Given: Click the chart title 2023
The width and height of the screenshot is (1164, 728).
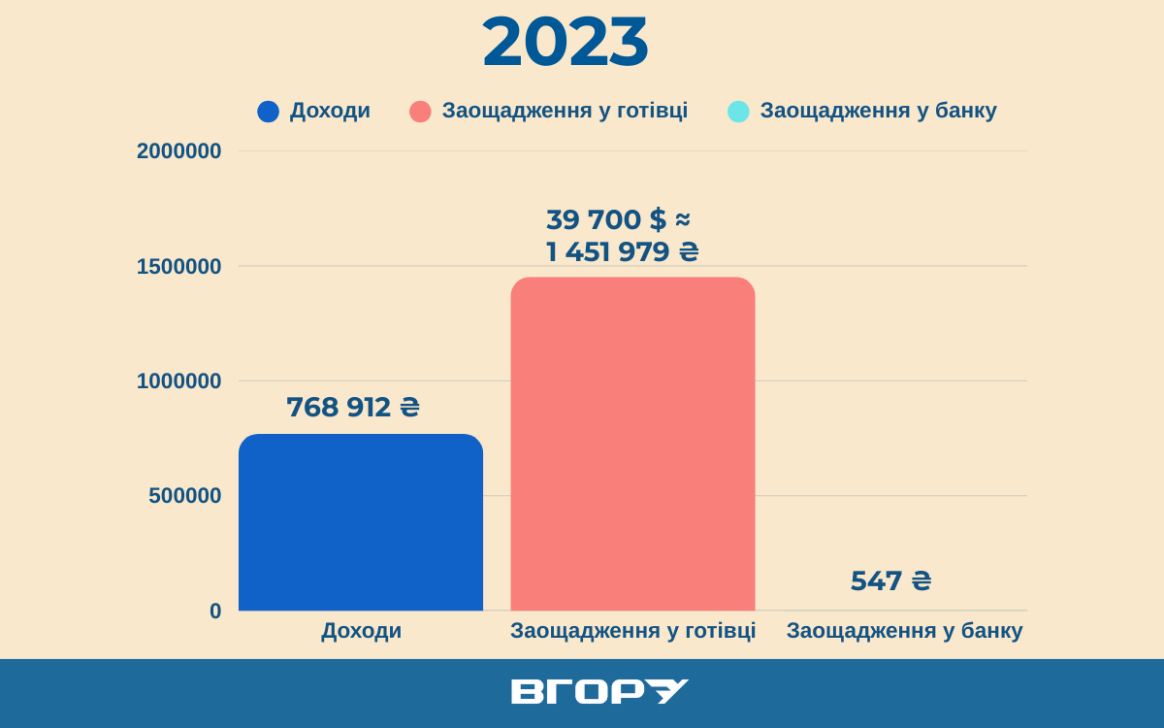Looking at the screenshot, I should pos(566,44).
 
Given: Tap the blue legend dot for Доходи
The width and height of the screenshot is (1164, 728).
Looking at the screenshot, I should pos(268,112).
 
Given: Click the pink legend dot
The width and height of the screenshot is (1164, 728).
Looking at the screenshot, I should pos(420,112).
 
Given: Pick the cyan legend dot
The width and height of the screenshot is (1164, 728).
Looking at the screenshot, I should pos(738,112).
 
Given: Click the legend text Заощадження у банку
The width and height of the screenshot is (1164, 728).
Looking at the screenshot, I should pos(878,111).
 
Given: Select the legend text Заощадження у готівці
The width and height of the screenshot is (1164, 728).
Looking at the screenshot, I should pos(565,111).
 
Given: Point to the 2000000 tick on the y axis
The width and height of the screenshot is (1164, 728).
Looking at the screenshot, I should pos(179,151).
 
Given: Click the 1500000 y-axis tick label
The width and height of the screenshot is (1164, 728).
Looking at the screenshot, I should pos(179,266).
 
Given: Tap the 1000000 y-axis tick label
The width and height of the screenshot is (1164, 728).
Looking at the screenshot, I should pos(179,381).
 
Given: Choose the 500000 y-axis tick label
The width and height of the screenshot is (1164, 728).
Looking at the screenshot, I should pos(185,496).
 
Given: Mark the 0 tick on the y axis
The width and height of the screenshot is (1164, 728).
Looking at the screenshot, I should pos(215,612).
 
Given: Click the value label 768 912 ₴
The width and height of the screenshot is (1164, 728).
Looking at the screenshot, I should pos(353,407).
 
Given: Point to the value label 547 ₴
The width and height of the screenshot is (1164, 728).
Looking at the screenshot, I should pos(890,580).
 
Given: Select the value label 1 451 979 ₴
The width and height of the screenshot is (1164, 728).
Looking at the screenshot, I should pos(622,252).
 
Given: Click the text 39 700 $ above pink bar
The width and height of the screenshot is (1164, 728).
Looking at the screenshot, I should pos(606,219).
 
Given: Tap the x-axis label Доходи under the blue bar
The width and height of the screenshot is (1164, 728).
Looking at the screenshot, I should pos(361,631).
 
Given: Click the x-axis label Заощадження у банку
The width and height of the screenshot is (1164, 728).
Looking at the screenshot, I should pos(904,631).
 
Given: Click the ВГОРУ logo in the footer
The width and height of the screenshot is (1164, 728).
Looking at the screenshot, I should pos(599,691).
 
